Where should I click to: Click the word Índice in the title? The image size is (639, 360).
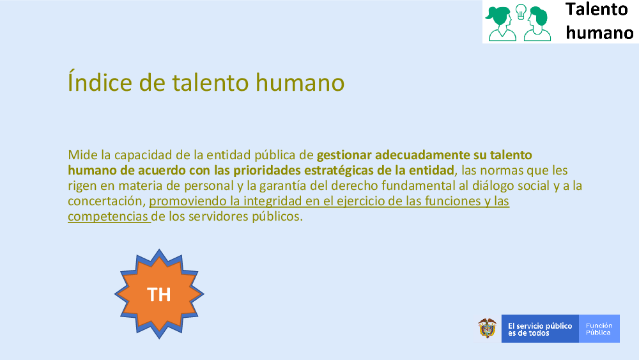click(x=100, y=82)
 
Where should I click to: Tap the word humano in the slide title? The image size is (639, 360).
click(x=300, y=82)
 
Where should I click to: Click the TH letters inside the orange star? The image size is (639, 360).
click(x=158, y=294)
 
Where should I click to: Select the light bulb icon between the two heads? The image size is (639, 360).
click(x=521, y=12)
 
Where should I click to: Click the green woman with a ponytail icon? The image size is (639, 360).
click(x=500, y=24)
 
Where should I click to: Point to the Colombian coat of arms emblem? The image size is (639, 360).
click(x=487, y=328)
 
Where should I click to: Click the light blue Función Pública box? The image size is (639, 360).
click(x=599, y=329)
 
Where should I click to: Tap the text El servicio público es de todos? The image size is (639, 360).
click(x=539, y=329)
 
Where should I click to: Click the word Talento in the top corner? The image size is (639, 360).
click(x=597, y=10)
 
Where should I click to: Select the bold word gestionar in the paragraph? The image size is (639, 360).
click(x=344, y=155)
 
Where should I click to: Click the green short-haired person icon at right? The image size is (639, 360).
click(x=538, y=24)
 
